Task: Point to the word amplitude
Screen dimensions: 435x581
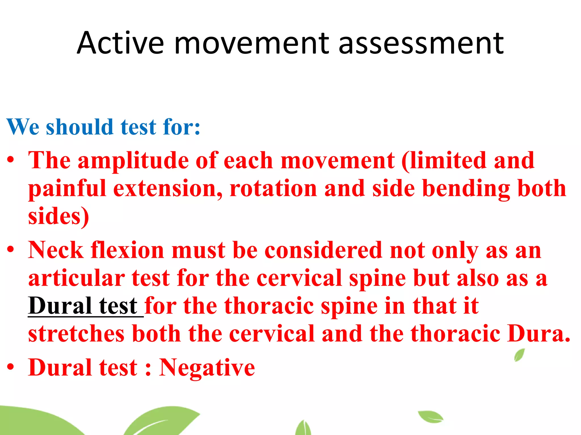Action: coord(133,161)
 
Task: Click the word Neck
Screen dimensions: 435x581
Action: coord(56,250)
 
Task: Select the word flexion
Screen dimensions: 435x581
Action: coord(127,250)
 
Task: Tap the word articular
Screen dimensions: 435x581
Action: coord(77,278)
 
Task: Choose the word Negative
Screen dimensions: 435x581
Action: coord(207,367)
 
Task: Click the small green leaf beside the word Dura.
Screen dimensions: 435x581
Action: coord(519,355)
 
